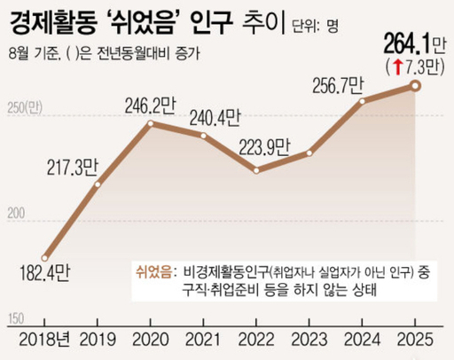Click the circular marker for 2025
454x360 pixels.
(x=413, y=85)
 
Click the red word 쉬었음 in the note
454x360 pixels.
(x=156, y=270)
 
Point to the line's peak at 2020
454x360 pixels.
(x=151, y=123)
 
